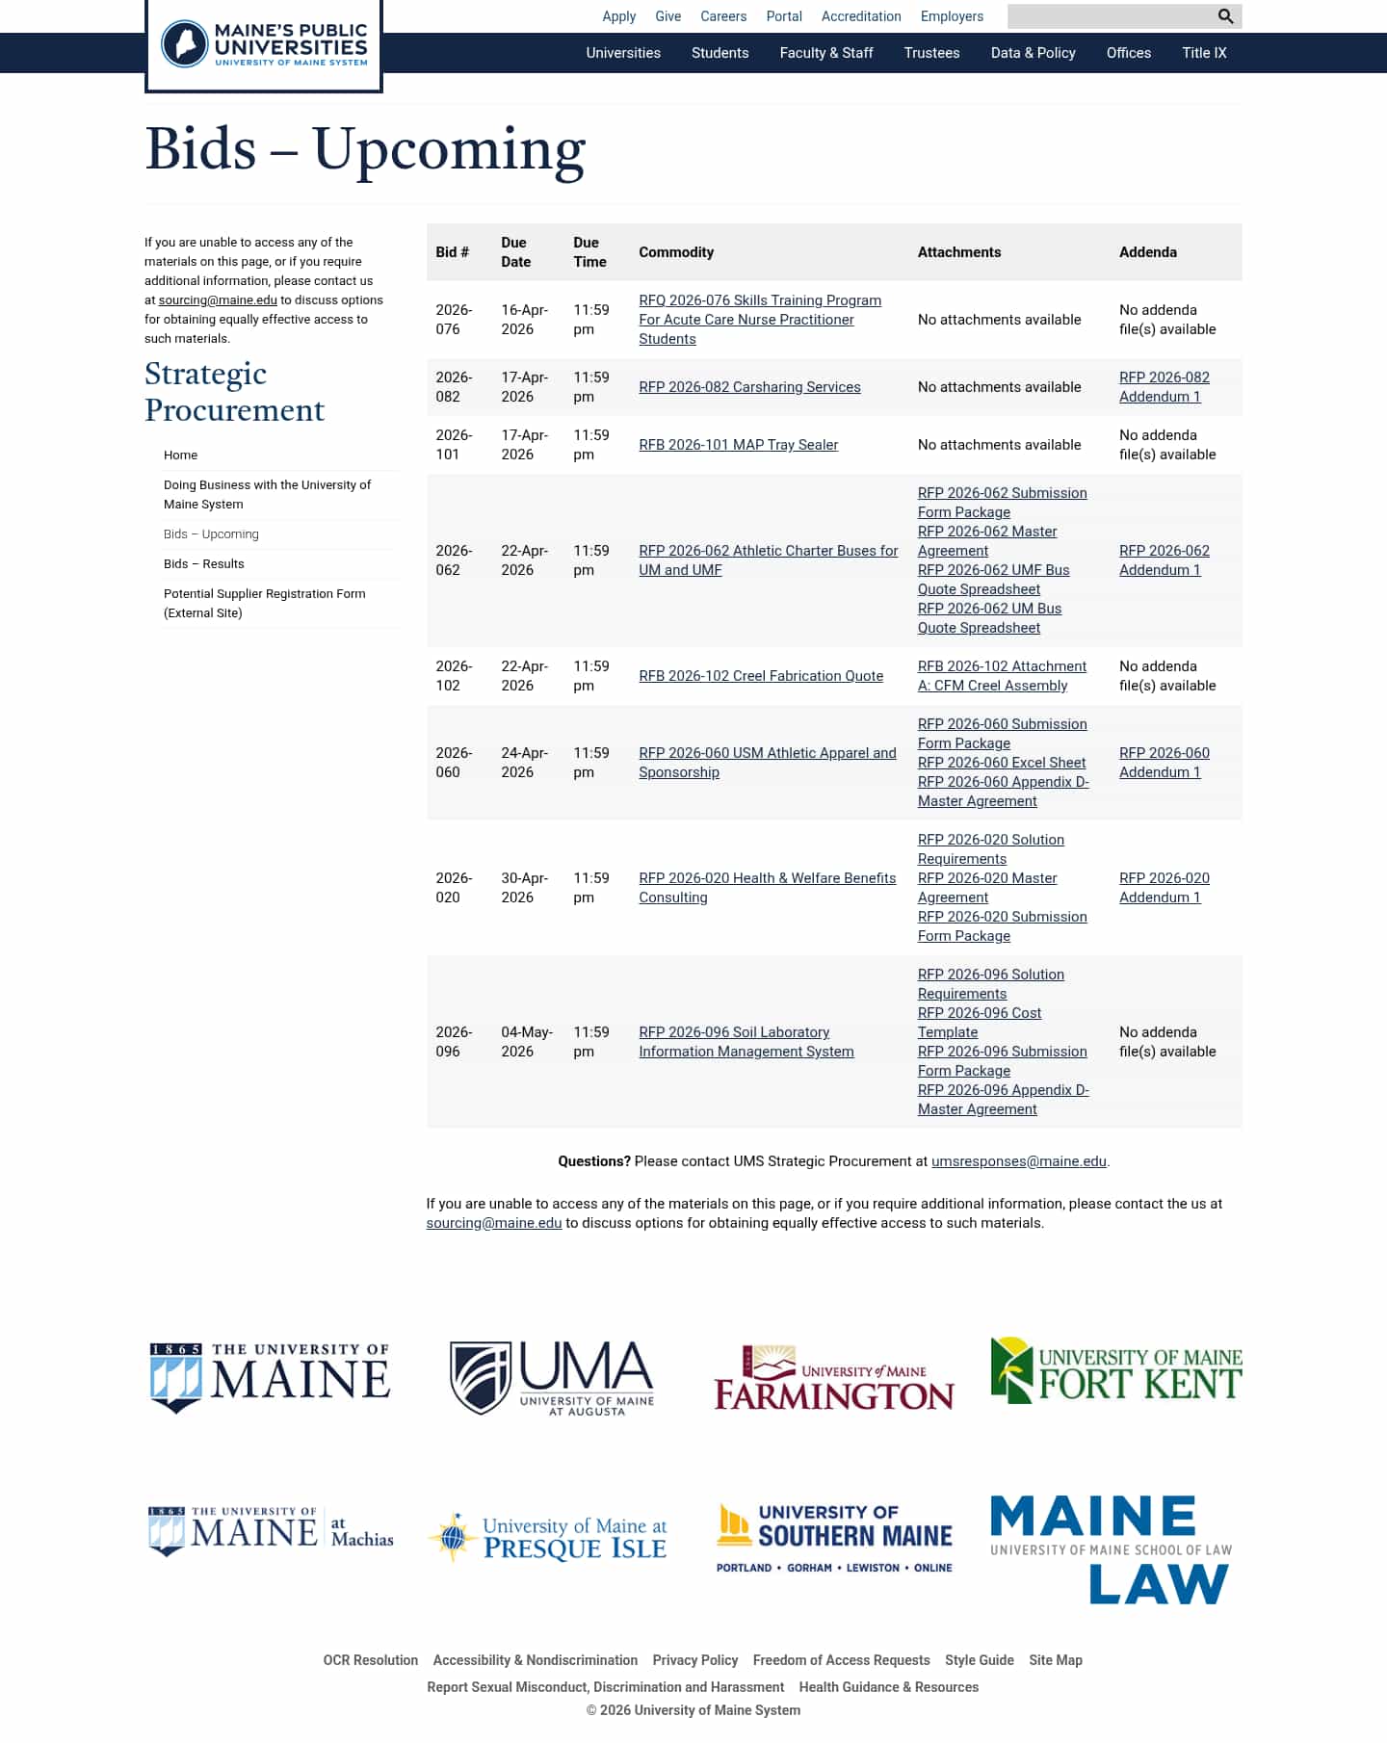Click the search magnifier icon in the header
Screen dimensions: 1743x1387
1225,16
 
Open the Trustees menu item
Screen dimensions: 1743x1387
931,53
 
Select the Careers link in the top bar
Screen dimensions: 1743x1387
723,16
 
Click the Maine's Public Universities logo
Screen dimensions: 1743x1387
264,45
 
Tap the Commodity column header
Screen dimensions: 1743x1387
676,252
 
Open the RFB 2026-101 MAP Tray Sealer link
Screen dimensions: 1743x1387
738,445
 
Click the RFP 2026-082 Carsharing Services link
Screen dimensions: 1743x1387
749,387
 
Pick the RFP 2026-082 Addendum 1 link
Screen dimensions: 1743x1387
1164,387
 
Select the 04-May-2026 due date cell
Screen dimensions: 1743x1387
526,1042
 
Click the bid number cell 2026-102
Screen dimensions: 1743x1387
454,676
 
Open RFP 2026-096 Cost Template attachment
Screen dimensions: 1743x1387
980,1023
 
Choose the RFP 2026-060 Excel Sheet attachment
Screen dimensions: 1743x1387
1001,763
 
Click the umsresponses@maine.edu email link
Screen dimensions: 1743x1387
1018,1161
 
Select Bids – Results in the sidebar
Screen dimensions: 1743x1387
204,564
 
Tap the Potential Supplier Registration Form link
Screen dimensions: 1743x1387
264,604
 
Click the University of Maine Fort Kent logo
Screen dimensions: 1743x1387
1115,1371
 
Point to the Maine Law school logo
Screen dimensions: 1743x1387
1111,1549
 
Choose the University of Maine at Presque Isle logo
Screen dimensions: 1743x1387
548,1538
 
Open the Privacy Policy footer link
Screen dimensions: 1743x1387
694,1660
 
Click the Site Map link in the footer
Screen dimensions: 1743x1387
1055,1660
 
